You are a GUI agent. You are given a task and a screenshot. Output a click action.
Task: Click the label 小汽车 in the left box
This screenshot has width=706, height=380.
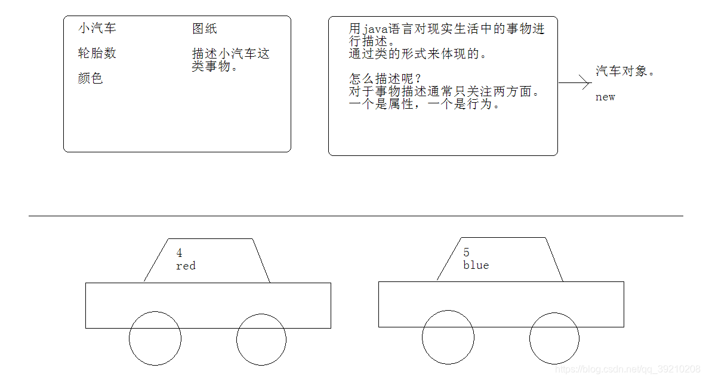[x=97, y=28]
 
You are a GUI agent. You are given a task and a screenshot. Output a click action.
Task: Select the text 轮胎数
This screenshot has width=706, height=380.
[x=97, y=53]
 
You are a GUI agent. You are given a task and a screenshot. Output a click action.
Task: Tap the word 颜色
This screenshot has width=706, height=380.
[x=90, y=78]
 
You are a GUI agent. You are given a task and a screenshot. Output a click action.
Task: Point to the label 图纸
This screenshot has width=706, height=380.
[x=205, y=28]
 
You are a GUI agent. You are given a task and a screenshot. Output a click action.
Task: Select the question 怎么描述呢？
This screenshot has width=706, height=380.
[x=386, y=79]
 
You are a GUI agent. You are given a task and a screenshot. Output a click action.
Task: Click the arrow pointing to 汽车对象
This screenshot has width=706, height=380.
[x=574, y=83]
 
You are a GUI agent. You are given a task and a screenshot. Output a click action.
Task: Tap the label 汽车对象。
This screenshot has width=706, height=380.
[x=625, y=71]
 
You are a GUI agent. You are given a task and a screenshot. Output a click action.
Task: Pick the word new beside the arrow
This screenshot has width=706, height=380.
[x=605, y=97]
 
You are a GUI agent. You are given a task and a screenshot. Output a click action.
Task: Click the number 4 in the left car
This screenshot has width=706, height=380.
[x=179, y=253]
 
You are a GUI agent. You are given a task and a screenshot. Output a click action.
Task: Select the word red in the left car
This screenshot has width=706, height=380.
[x=186, y=266]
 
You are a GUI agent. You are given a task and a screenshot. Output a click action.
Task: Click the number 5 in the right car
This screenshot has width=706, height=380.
[x=466, y=253]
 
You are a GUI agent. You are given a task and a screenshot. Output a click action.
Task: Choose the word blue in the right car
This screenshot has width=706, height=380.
[x=476, y=265]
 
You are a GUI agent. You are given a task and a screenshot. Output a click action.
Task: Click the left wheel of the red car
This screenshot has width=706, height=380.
[x=155, y=338]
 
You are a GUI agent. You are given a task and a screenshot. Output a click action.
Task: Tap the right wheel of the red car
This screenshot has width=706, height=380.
[x=261, y=339]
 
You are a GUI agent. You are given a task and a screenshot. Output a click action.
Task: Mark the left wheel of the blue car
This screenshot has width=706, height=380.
[x=448, y=337]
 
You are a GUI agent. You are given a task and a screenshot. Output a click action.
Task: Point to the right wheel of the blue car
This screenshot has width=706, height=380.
[x=554, y=338]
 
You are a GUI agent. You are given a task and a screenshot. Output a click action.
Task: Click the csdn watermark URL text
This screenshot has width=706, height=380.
[x=628, y=370]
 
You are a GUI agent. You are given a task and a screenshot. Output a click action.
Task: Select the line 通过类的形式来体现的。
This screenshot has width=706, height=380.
[x=418, y=54]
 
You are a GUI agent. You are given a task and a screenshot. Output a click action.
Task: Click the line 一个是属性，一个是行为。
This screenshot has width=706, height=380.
[x=424, y=104]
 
